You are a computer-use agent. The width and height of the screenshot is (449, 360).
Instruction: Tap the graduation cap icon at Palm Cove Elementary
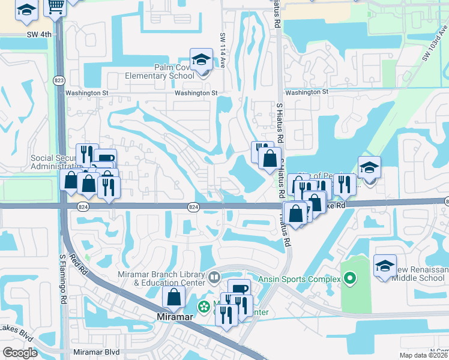[x=201, y=59]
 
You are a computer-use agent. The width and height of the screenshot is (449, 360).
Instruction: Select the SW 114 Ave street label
[x=222, y=44]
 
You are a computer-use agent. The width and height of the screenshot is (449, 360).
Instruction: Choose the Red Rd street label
[x=79, y=264]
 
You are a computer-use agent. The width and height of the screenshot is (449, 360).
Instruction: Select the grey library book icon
[x=214, y=278]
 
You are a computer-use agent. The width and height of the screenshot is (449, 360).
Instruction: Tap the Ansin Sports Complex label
[x=300, y=278]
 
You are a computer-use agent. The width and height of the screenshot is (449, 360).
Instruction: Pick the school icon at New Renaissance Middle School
[x=385, y=266]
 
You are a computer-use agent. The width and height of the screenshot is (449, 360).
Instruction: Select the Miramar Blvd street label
[x=96, y=352]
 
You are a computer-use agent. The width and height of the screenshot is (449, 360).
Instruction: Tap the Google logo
[x=20, y=353]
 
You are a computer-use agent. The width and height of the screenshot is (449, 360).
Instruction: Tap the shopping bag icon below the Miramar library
[x=173, y=296]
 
